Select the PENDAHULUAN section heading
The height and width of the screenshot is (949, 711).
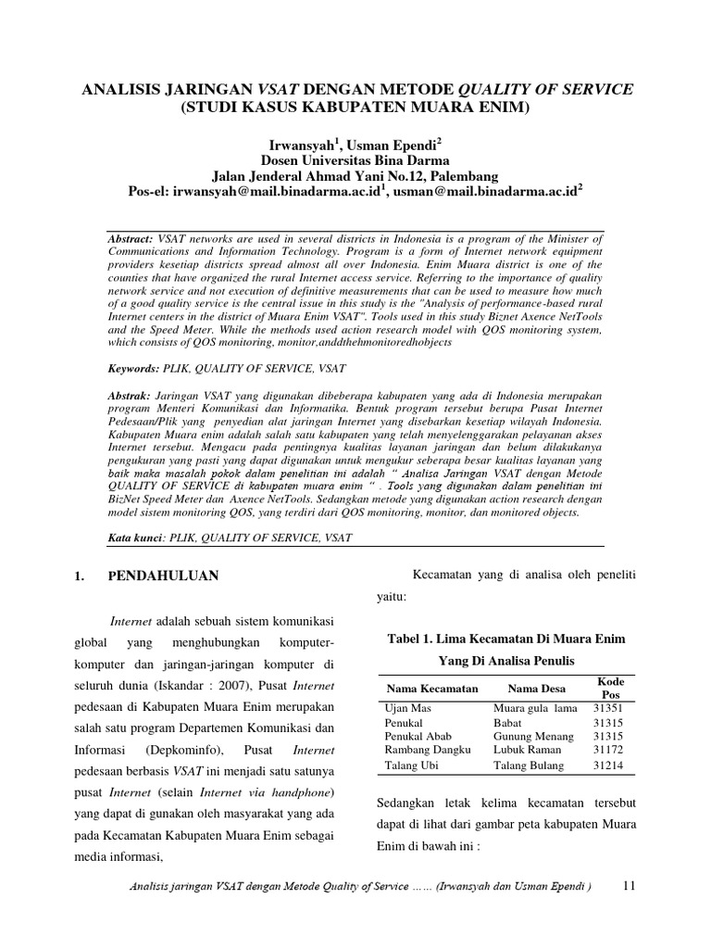coord(163,576)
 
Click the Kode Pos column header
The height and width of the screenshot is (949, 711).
coord(611,688)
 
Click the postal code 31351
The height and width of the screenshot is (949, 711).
coord(609,707)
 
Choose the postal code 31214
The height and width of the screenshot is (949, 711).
coord(609,766)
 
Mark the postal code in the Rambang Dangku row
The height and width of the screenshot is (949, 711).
coord(609,750)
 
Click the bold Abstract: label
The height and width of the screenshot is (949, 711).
coord(131,238)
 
